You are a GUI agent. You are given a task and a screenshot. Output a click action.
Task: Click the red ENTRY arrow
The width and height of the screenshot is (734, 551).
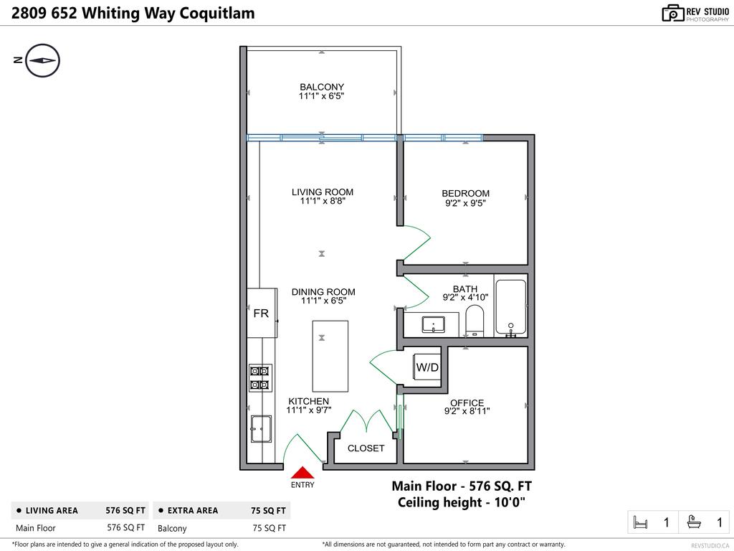303,472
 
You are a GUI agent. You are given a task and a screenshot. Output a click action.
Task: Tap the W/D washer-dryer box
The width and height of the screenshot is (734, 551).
427,367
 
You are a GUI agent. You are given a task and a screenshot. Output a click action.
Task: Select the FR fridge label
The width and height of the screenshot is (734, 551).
261,314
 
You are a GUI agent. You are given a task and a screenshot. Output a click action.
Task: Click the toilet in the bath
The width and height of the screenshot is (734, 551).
475,319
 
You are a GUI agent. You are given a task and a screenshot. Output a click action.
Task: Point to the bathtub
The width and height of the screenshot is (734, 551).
510,306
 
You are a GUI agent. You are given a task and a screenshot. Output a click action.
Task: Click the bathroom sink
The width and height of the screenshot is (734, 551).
434,326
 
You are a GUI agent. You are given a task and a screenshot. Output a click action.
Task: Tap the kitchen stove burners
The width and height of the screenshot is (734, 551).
259,377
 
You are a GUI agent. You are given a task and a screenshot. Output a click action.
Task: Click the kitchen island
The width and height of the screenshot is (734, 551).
330,356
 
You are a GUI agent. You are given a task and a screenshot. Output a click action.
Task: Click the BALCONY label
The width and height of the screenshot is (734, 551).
322,87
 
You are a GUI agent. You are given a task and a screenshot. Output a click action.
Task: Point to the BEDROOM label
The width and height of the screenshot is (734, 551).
465,193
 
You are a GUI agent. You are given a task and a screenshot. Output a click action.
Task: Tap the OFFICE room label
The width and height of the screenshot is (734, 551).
467,402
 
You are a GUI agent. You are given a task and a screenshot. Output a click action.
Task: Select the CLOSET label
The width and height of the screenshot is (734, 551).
366,448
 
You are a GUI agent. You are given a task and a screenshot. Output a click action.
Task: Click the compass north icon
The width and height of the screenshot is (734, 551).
42,60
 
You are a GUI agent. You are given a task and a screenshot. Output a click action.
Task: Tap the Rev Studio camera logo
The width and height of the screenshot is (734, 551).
672,13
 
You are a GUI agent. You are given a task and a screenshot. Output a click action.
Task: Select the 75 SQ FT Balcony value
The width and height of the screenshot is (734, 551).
269,528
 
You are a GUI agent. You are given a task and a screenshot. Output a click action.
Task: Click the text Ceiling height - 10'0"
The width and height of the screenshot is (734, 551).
462,502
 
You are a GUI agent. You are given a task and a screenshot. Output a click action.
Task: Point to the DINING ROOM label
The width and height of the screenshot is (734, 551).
323,292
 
